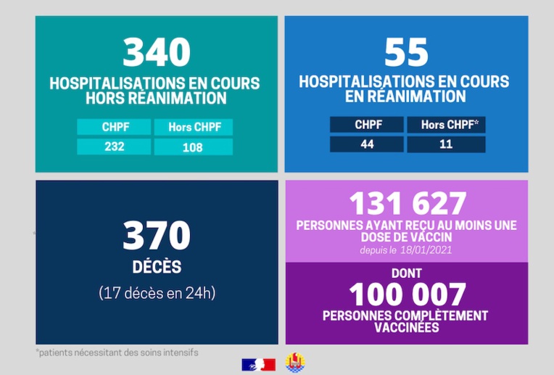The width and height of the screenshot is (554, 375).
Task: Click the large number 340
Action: coord(156,52)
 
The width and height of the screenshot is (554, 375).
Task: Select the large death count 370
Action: coord(156,236)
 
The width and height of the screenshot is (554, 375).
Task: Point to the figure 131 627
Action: coord(407,204)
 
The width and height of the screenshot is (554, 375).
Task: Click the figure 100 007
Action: coord(407,294)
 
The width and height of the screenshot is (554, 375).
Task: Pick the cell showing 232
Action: coord(114,147)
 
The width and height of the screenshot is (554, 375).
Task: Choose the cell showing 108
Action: coord(193,147)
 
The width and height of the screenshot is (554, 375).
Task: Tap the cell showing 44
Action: coord(366,144)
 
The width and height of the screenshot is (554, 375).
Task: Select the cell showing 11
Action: coord(445,144)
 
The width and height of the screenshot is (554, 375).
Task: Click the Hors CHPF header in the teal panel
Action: coord(193,128)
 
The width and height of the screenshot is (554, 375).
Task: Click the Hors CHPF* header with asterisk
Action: coord(445,125)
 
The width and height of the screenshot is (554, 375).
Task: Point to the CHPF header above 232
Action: coord(114,128)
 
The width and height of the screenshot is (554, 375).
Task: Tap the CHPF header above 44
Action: coord(366,125)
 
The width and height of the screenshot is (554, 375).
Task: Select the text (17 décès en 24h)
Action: coord(157,293)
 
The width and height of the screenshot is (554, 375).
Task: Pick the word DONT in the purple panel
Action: coord(407,273)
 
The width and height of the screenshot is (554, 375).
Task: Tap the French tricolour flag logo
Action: coord(258,364)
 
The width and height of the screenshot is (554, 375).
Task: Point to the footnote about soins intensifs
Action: coord(117,353)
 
